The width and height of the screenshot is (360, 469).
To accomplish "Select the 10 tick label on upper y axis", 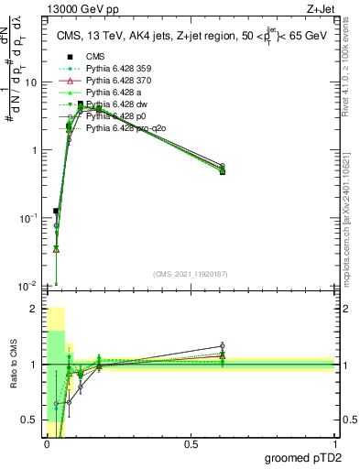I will tap(29, 82).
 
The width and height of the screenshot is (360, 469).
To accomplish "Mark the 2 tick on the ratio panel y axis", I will tap(33, 309).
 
